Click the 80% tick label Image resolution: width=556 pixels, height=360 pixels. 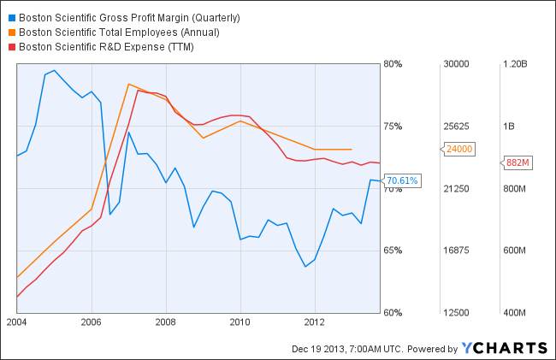click(393, 63)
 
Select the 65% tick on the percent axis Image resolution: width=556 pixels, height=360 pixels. click(393, 251)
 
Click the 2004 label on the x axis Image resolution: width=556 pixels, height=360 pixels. click(16, 322)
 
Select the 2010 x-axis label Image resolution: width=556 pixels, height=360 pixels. click(240, 322)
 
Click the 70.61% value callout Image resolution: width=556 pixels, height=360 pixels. click(402, 180)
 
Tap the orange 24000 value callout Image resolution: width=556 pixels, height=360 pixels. click(460, 149)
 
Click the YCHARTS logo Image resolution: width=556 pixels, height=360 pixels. click(504, 347)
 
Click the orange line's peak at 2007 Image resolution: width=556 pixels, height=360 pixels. click(128, 84)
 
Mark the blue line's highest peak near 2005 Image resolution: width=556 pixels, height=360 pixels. click(54, 70)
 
